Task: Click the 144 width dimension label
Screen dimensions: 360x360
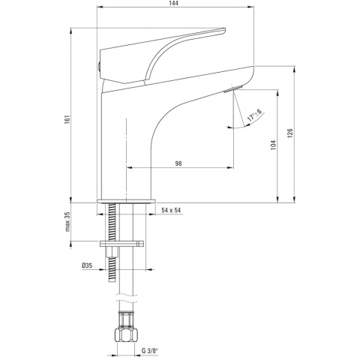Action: (x=175, y=4)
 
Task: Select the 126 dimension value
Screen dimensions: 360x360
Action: (x=289, y=133)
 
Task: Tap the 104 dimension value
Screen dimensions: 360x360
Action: (x=274, y=145)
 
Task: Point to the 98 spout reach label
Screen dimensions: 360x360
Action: (x=178, y=163)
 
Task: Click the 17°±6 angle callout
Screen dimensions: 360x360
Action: (x=254, y=115)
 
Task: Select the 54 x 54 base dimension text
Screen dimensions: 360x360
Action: (x=171, y=210)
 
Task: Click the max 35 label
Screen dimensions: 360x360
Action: (x=68, y=221)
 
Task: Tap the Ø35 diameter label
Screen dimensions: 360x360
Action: (x=87, y=265)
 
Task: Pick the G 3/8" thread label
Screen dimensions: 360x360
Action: (x=150, y=351)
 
